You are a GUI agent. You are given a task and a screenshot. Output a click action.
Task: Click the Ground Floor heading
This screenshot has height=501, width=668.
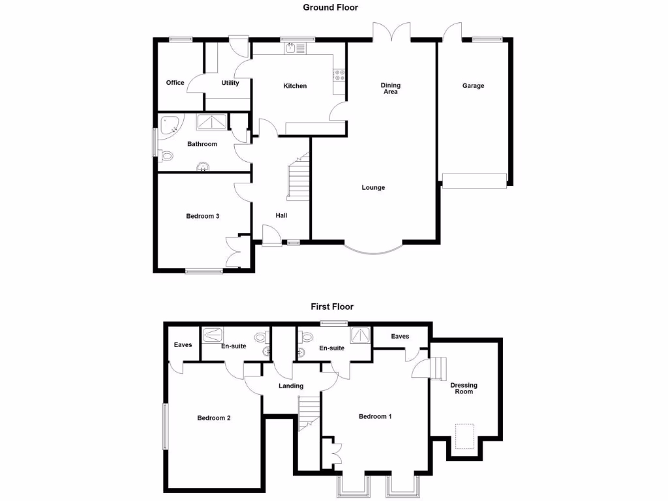[330, 7]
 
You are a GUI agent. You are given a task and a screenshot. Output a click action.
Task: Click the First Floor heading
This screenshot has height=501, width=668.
[331, 306]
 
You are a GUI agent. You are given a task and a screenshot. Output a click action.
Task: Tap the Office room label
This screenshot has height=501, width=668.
[175, 83]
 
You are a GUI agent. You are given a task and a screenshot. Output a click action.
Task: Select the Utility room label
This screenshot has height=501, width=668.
[230, 83]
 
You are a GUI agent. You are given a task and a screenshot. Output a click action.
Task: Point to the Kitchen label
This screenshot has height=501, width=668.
[295, 86]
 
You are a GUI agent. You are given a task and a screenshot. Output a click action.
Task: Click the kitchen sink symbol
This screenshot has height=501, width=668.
[292, 47]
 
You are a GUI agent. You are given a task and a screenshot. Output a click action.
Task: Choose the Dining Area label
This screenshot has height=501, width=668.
[391, 89]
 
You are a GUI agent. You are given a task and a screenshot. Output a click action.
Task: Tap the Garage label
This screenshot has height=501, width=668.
[474, 85]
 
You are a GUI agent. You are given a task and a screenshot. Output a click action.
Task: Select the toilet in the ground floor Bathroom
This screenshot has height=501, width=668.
[166, 156]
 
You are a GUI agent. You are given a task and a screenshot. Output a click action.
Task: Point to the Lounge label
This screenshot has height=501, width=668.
[374, 188]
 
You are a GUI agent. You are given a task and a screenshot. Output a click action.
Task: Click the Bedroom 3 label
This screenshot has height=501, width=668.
[202, 216]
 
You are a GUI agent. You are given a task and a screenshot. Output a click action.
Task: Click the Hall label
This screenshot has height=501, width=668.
[281, 216]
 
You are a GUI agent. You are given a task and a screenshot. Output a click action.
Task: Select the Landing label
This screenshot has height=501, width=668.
[291, 386]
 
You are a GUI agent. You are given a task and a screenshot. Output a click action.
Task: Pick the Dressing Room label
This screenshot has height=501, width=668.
[464, 388]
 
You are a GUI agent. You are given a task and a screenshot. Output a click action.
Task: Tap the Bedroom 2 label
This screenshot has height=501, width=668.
[215, 418]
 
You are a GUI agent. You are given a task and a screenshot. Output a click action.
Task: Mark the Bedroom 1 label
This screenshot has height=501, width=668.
[375, 416]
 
